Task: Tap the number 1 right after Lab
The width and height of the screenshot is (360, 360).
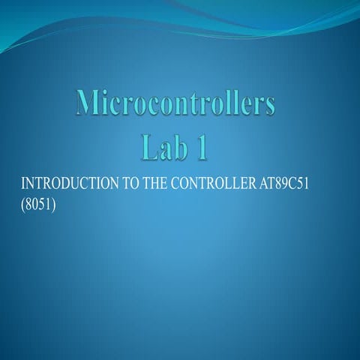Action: click(x=201, y=147)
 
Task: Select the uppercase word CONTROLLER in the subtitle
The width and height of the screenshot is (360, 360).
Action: click(x=209, y=184)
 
